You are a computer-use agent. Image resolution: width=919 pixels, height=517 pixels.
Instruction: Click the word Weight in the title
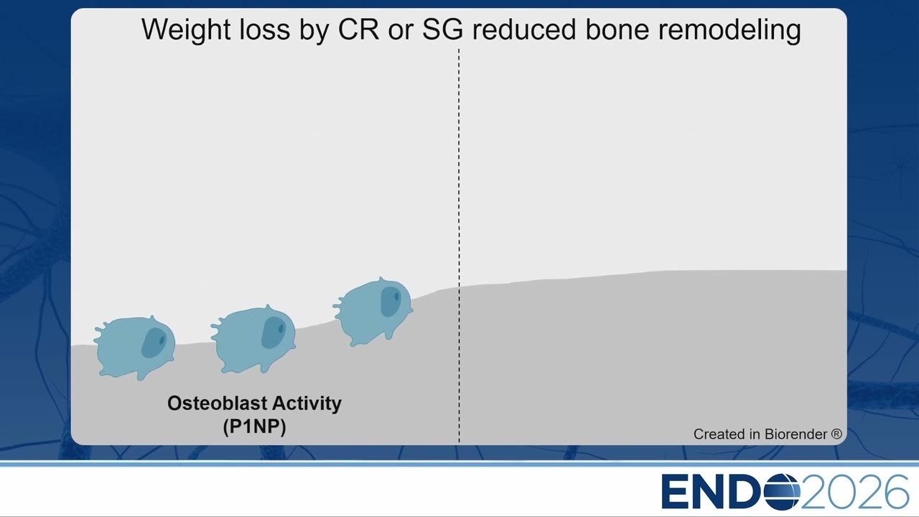point(186,29)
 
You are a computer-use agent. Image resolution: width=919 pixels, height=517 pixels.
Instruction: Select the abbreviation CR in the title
point(358,29)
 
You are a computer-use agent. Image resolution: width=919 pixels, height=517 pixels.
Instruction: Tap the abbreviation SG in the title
point(443,29)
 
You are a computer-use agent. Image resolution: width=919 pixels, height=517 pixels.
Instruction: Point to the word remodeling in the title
point(730,30)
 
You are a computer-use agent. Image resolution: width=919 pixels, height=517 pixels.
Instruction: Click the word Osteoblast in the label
point(217,404)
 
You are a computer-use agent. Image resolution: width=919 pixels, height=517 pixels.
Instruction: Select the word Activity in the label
point(307,404)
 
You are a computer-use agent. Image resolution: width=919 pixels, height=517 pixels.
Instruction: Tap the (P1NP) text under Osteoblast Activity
point(254,427)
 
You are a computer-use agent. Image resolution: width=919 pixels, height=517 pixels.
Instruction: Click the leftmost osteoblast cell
point(134,348)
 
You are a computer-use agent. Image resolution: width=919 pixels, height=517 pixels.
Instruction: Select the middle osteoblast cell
point(253,340)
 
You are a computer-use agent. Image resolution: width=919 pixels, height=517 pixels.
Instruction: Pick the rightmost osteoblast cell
point(373,312)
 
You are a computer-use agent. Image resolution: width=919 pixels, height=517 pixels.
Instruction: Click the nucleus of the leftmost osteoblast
point(154,343)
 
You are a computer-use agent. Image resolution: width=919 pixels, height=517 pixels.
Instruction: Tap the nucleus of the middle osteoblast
point(274,332)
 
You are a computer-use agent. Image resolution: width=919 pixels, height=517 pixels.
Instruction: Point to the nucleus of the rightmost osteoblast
point(391,301)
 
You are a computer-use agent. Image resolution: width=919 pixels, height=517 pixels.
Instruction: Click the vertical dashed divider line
point(459,246)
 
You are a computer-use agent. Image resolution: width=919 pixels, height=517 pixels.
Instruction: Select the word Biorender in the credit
point(796,434)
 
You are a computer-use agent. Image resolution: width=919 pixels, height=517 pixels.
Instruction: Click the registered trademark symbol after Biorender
point(836,434)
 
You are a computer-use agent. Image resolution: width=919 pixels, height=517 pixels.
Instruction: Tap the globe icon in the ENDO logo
point(782,492)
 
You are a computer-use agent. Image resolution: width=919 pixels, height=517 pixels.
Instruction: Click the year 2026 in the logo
point(854,492)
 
